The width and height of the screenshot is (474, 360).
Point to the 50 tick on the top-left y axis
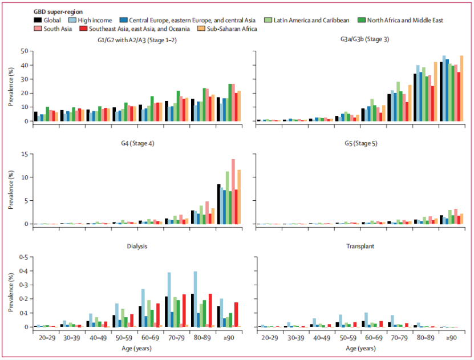pyautogui.click(x=25, y=51)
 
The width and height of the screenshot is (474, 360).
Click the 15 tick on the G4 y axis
pyautogui.click(x=25, y=153)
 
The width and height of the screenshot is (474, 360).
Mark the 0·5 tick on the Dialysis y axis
pyautogui.click(x=23, y=257)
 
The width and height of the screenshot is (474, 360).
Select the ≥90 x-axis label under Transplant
pyautogui.click(x=451, y=338)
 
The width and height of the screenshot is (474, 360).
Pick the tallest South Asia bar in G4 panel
pyautogui.click(x=233, y=191)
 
